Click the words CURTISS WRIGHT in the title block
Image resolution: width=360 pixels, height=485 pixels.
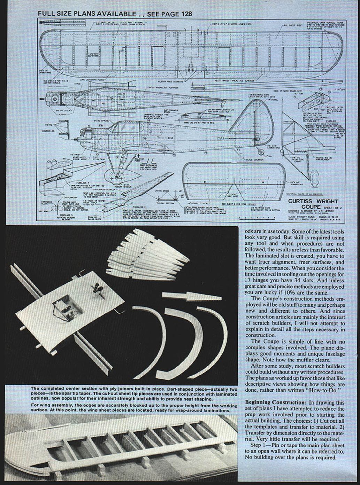coord(313,201)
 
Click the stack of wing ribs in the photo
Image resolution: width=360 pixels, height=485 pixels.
coord(146,254)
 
